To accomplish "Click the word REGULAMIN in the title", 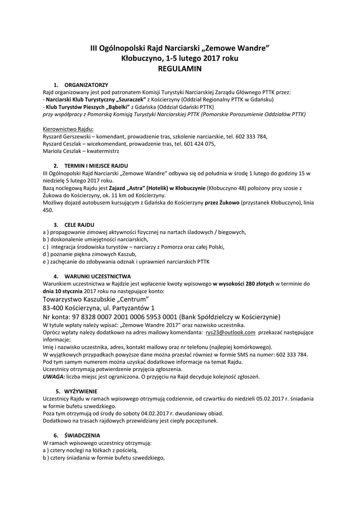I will point(179,69).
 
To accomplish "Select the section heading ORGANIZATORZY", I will point(86,85).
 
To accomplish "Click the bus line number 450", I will point(48,210).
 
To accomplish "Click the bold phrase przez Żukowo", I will point(221,203).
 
